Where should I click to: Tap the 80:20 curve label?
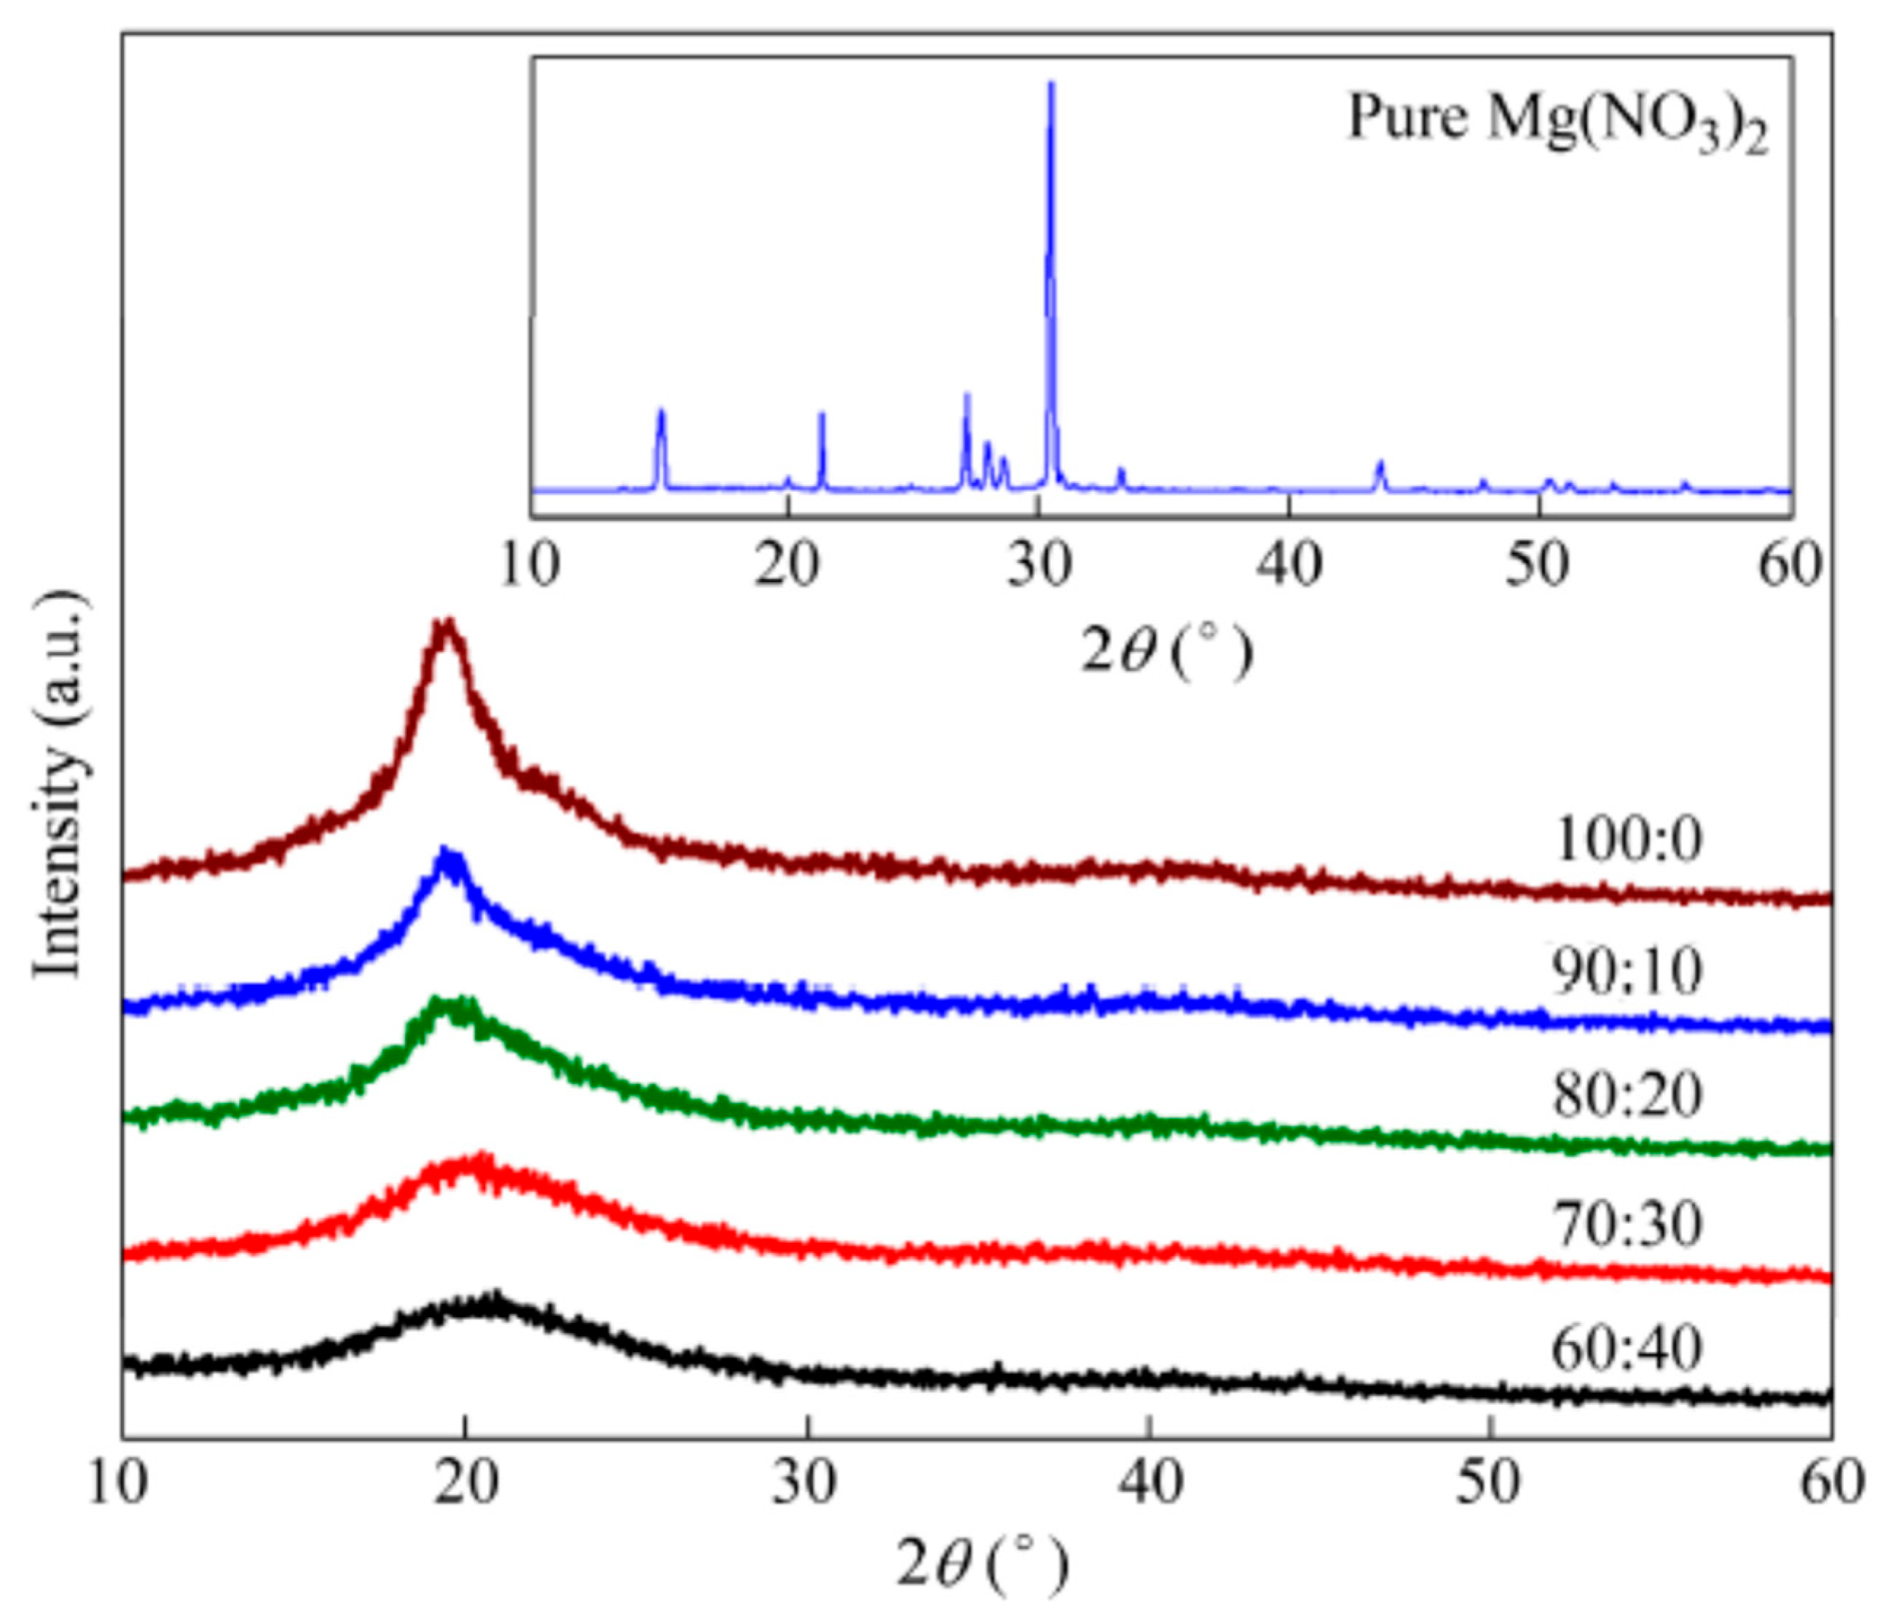(x=1627, y=1096)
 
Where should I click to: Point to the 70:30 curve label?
(x=1627, y=1224)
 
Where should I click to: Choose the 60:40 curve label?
(x=1627, y=1350)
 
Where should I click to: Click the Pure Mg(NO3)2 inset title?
(x=1558, y=122)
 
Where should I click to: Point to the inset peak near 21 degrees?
(x=822, y=416)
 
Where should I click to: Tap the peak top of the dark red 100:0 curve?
(x=447, y=624)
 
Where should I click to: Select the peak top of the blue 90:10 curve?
(x=448, y=852)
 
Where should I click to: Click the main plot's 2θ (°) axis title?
(x=982, y=1564)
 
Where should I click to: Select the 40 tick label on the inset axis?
(x=1288, y=565)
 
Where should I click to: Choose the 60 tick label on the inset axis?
(x=1790, y=565)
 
